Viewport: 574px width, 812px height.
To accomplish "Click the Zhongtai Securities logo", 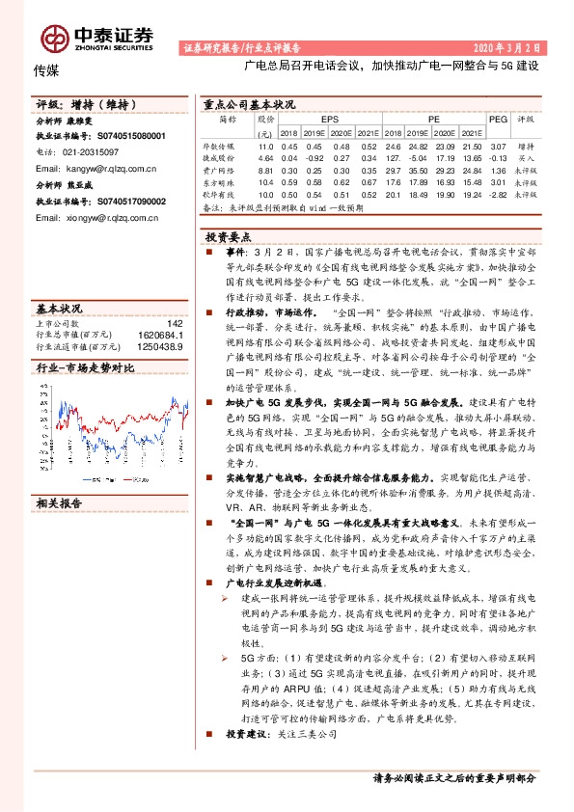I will (x=96, y=36).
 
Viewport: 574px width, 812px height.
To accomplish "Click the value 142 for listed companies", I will (x=174, y=323).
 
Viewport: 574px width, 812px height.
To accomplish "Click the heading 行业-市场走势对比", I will (x=85, y=368).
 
